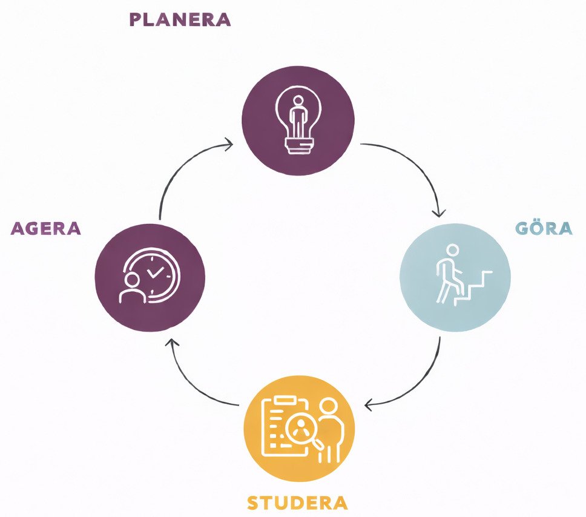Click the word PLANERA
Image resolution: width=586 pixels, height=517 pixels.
pos(180,19)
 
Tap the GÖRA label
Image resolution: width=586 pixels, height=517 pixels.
pos(544,228)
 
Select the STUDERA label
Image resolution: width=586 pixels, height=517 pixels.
pos(297,503)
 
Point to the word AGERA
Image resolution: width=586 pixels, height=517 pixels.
pos(45,228)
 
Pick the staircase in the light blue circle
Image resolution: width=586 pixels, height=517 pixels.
pos(473,287)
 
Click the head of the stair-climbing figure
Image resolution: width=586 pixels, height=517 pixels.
pos(452,251)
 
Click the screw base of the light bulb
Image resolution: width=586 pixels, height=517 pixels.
pos(299,145)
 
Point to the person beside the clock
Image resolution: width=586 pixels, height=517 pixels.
pos(133,288)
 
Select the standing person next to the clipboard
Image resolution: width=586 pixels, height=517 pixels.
pos(329,430)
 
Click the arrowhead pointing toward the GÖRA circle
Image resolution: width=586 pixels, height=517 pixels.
pos(439,213)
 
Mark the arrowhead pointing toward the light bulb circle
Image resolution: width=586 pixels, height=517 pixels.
pos(229,144)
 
